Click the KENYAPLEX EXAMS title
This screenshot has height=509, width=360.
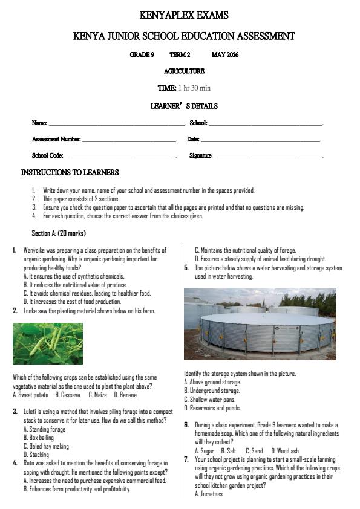click(x=183, y=15)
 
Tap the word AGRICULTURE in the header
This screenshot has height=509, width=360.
click(x=184, y=71)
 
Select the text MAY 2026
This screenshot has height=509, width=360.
click(x=225, y=55)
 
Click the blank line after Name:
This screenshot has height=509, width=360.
click(x=116, y=123)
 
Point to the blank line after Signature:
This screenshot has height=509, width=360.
click(x=269, y=156)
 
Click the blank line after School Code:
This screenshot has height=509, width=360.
click(x=121, y=156)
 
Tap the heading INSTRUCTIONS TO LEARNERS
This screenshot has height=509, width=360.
click(x=70, y=173)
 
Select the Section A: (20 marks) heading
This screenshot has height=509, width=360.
click(x=59, y=233)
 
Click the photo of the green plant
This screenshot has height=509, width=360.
click(x=48, y=343)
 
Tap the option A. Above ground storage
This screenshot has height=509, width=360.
click(x=212, y=383)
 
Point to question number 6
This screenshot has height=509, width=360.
click(x=187, y=426)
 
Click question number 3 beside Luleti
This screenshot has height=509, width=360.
click(x=15, y=412)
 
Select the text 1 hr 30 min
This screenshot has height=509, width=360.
click(x=194, y=88)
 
